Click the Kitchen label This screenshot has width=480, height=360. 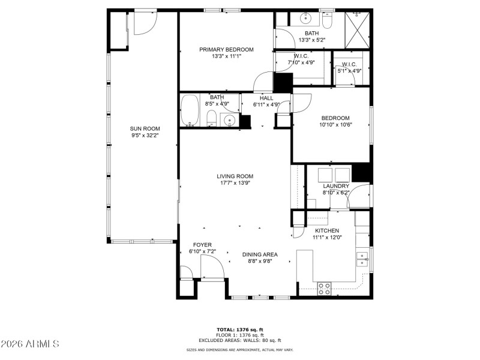(327, 230)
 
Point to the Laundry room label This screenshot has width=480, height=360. (335, 186)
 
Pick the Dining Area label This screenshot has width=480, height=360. (260, 254)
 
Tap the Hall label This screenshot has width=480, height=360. (266, 98)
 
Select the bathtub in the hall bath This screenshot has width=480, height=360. (190, 110)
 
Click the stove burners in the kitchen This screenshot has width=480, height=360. (324, 289)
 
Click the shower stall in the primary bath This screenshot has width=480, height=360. (358, 28)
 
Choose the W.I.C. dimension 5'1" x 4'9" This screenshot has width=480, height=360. (350, 71)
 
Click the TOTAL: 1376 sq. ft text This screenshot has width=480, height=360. (240, 329)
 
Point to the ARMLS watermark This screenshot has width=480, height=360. (30, 344)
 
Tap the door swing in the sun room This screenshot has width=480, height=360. (144, 23)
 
